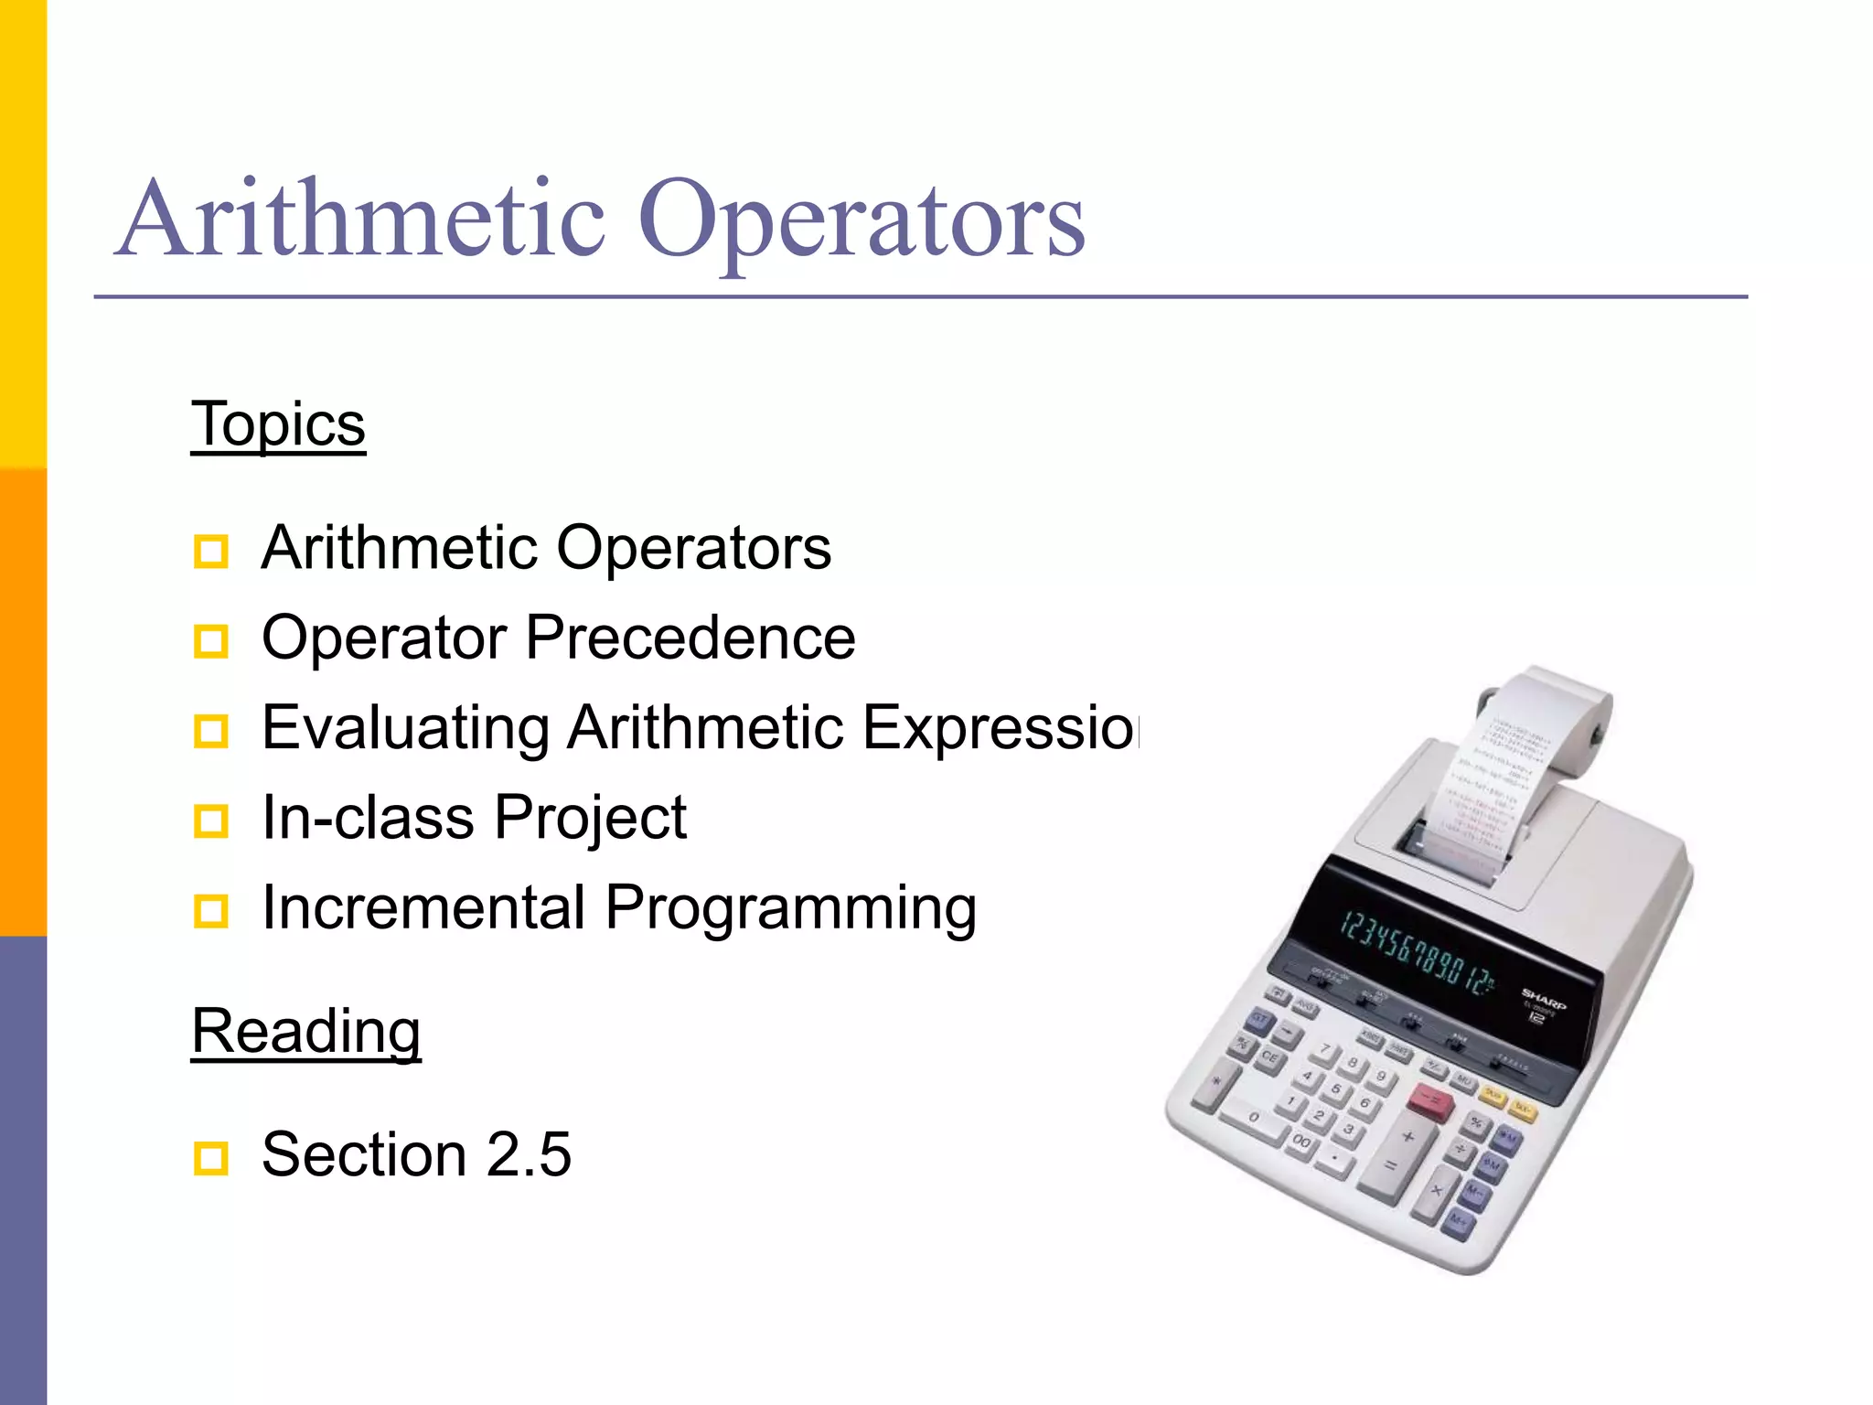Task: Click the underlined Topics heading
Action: point(278,424)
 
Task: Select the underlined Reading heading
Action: point(305,1031)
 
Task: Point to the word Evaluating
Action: point(405,727)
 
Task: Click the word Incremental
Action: point(423,907)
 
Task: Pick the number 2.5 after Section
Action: point(529,1154)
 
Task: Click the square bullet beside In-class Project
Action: point(211,820)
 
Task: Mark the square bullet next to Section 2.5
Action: point(211,1158)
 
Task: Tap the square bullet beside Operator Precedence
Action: point(211,640)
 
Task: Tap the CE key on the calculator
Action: point(1269,1058)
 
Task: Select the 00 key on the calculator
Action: point(1301,1142)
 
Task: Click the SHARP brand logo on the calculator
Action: point(1544,998)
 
